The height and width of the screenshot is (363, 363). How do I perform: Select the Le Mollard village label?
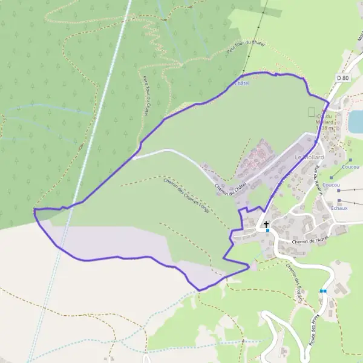pos(309,157)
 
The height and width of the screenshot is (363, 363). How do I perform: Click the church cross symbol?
pos(266,224)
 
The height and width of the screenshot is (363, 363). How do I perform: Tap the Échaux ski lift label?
pos(339,208)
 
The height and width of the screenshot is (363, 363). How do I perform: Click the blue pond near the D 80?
pos(355,122)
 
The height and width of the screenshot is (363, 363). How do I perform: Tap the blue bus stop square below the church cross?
pos(267,231)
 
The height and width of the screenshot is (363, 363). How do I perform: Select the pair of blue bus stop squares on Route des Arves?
pos(323,291)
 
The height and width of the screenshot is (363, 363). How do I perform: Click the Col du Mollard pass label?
pos(325,122)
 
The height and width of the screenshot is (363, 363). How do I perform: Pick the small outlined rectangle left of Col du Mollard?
pos(312,112)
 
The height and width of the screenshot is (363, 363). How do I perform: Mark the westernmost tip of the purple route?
pos(34,210)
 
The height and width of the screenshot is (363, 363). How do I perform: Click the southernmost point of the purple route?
pos(199,290)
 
